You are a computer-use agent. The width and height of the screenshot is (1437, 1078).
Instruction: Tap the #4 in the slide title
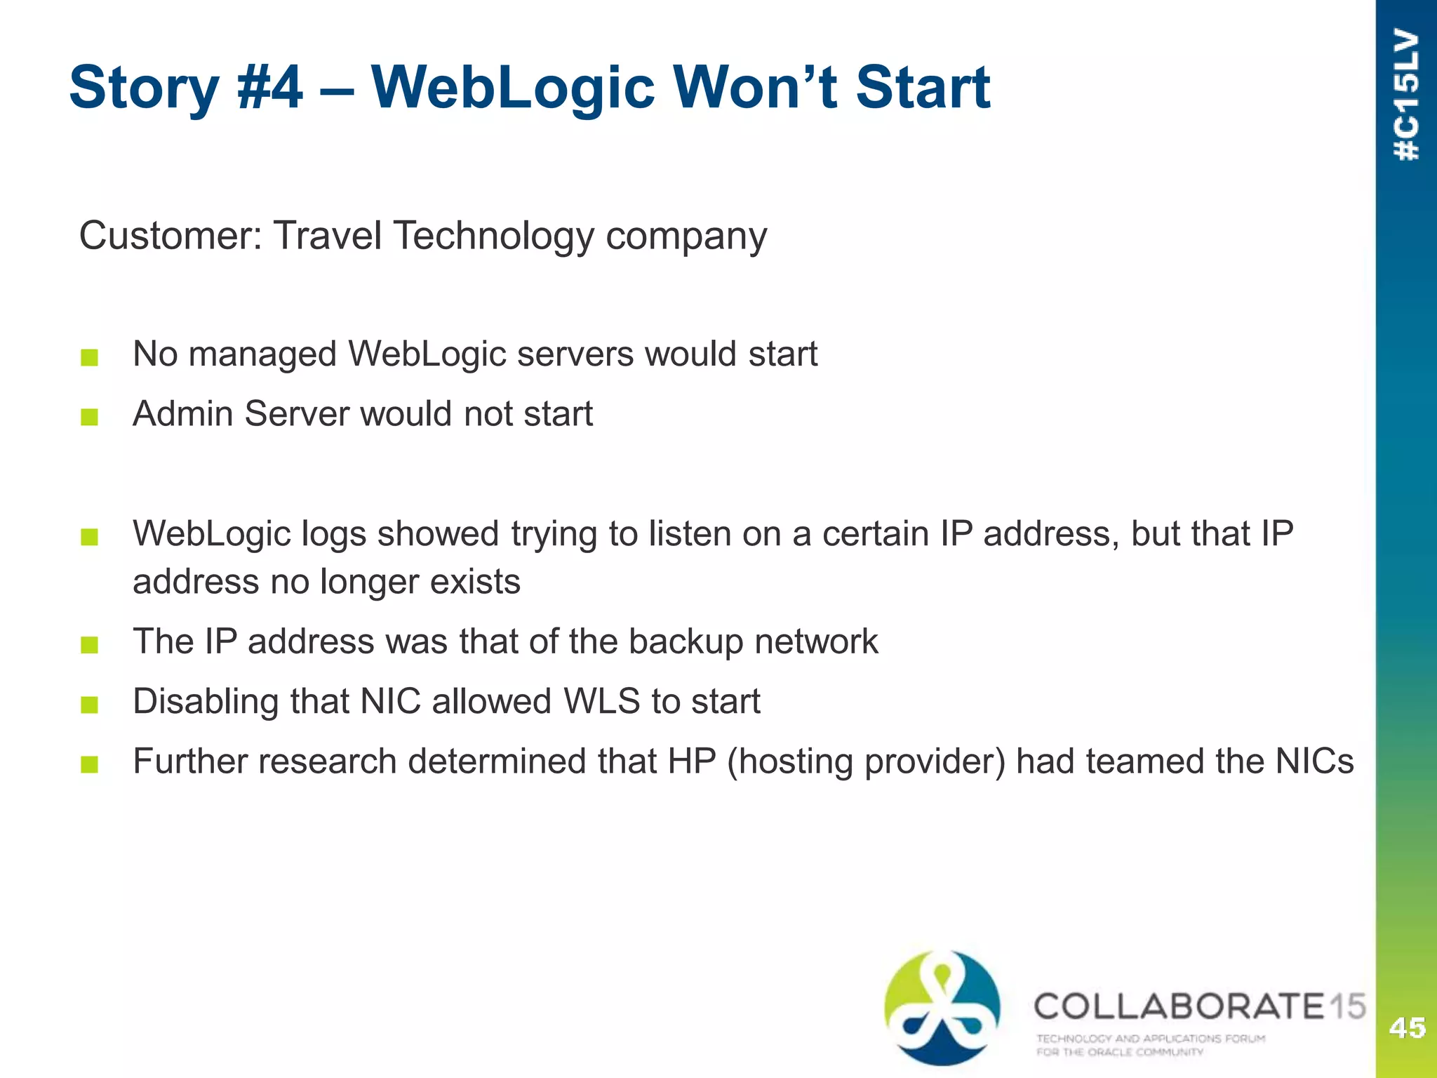[x=270, y=88]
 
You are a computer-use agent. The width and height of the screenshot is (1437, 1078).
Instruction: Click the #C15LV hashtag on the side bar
[x=1407, y=95]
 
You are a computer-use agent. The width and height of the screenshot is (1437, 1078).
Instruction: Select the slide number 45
[x=1407, y=1027]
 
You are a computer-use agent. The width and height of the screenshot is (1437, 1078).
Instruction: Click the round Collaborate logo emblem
[x=942, y=1008]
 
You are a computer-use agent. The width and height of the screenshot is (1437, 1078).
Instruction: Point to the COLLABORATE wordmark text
[x=1179, y=1006]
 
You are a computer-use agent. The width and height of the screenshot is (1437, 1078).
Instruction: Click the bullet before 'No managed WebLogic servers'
[x=89, y=358]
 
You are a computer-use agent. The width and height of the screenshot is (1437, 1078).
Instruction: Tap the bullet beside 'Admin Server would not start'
[x=89, y=418]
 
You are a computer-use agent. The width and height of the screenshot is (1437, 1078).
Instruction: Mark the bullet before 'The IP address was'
[x=89, y=645]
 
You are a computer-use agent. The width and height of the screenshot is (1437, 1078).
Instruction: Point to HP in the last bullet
[x=691, y=761]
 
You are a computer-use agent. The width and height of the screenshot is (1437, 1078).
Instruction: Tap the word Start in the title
[x=922, y=88]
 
